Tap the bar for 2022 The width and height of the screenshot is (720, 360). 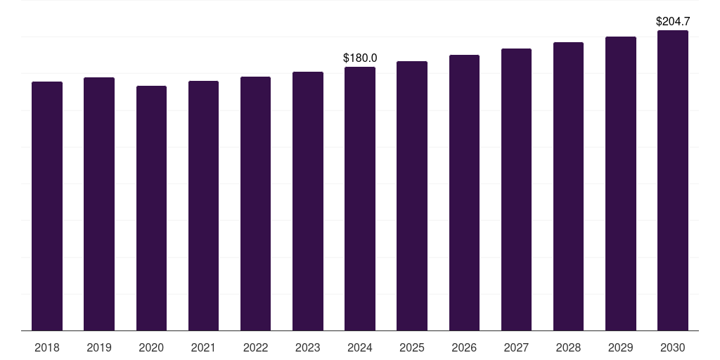tap(255, 204)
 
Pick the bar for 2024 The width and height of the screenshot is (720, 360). tap(360, 199)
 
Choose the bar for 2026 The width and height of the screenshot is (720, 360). tap(464, 193)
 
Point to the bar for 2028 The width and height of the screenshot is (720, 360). tap(568, 186)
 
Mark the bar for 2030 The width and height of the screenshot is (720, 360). tap(673, 181)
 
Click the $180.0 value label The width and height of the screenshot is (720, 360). tap(360, 58)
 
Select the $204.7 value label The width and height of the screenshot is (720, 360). tap(673, 22)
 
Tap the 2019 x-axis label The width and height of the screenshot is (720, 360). tap(99, 347)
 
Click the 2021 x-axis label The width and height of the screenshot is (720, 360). tap(203, 347)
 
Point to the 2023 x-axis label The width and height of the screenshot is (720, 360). tap(308, 347)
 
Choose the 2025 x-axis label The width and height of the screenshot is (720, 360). tap(412, 347)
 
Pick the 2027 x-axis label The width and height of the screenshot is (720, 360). tap(516, 347)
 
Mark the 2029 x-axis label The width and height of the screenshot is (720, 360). tap(621, 347)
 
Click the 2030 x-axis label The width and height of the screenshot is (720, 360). tap(673, 347)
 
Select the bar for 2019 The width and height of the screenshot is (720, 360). tap(99, 204)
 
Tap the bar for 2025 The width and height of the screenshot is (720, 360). tap(412, 196)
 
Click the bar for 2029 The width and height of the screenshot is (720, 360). tap(621, 184)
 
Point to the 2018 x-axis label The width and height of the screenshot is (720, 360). tap(47, 347)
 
